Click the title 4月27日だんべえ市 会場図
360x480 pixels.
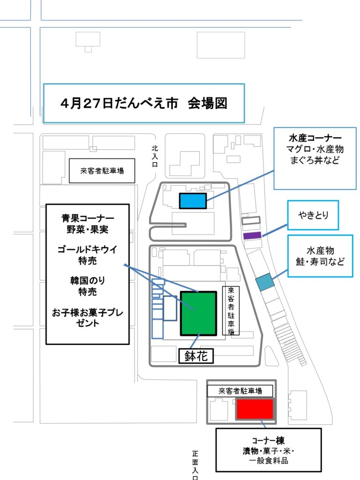(144, 103)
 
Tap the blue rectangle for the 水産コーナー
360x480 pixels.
(193, 201)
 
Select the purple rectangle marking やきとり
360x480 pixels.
(252, 235)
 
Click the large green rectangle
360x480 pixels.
(199, 313)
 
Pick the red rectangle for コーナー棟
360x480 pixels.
(255, 409)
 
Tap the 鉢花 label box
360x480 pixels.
(196, 356)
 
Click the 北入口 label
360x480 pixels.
(155, 156)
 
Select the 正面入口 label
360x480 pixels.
(195, 465)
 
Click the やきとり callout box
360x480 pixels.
(313, 215)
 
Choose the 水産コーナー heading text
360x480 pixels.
(315, 138)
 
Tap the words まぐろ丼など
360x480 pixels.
(315, 160)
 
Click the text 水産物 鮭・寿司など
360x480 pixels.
(320, 256)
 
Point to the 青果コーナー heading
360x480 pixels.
(88, 218)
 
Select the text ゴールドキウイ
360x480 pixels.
(88, 249)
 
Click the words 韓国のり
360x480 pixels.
(88, 280)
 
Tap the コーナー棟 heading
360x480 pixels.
(268, 441)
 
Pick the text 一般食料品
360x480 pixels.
(268, 461)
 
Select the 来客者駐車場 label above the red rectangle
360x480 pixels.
(240, 391)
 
